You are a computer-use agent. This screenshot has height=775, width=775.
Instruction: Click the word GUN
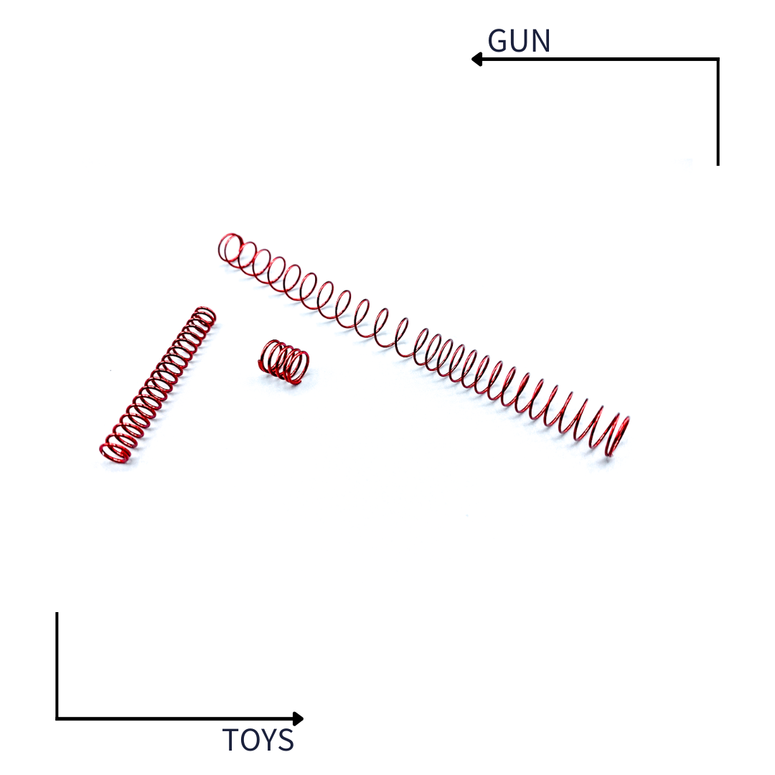(519, 40)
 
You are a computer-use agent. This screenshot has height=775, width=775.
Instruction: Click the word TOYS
(258, 740)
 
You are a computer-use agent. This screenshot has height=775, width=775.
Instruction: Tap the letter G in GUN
(498, 40)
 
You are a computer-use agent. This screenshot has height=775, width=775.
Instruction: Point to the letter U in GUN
(520, 41)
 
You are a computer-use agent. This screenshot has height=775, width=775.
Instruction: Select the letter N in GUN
(542, 40)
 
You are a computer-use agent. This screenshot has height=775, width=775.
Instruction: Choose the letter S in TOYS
(286, 740)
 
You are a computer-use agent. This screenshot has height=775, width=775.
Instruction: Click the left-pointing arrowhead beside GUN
(476, 60)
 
